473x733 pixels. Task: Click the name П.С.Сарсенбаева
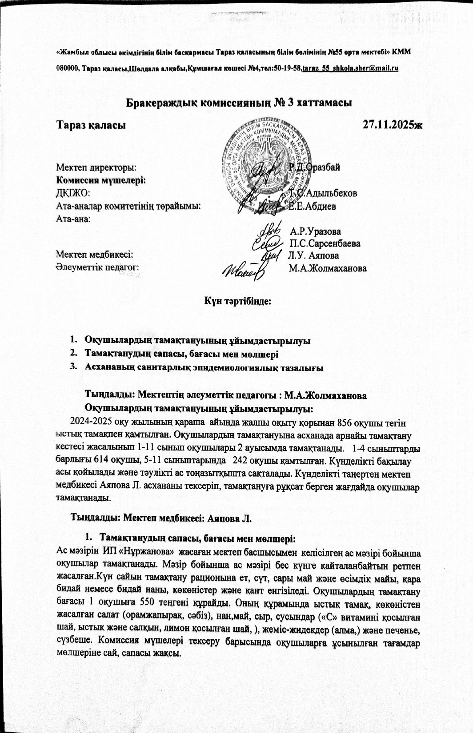(325, 243)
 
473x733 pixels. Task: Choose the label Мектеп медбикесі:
(95, 255)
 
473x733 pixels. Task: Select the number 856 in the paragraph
(346, 422)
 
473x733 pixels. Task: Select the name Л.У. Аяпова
(313, 256)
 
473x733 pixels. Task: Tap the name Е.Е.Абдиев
(313, 206)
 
